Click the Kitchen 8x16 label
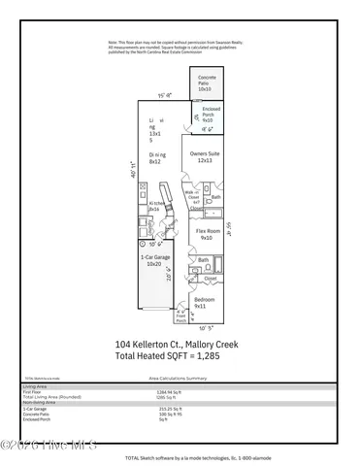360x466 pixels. coord(152,206)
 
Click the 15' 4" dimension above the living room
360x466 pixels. coord(164,95)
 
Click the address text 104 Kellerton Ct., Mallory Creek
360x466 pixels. coord(180,343)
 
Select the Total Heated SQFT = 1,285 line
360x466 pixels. coord(180,355)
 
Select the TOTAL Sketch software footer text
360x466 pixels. coord(194,455)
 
